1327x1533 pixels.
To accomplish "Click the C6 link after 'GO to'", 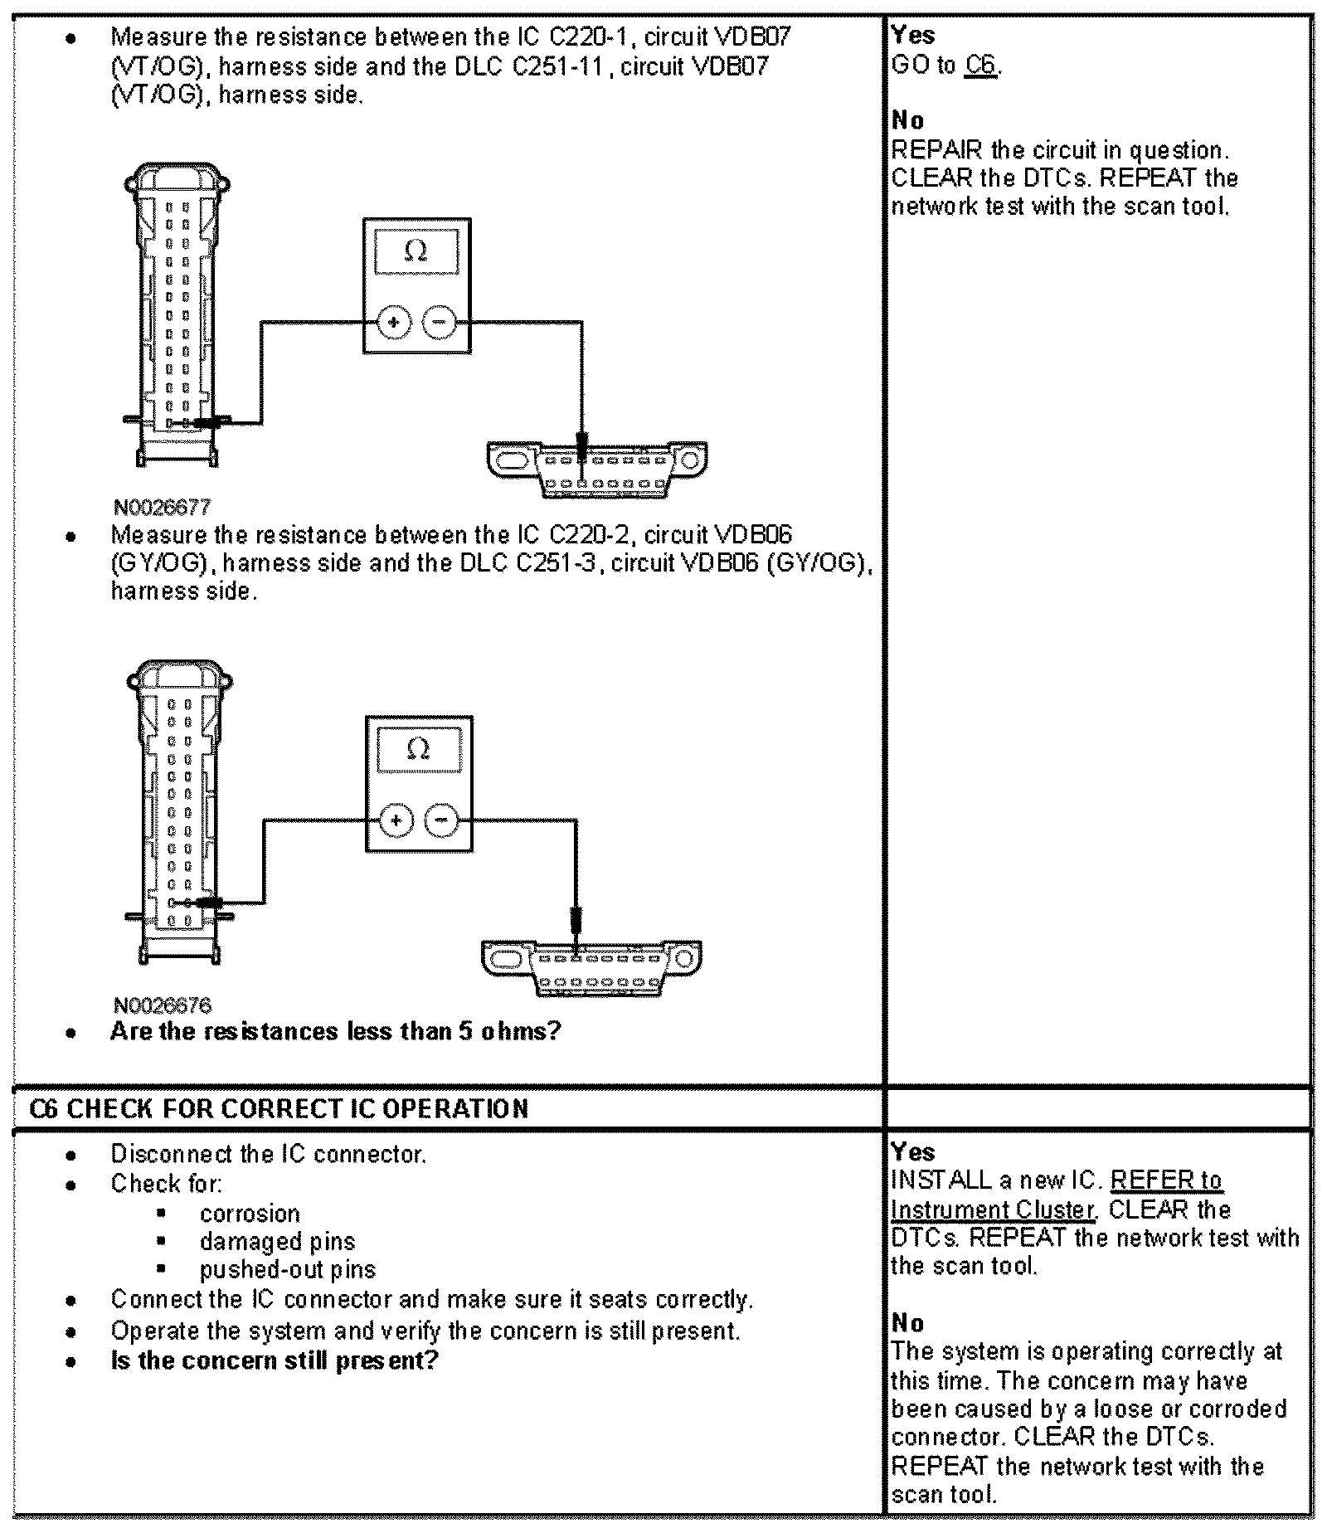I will [981, 65].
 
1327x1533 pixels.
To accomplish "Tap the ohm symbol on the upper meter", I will [416, 250].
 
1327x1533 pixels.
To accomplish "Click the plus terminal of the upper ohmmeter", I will [394, 323].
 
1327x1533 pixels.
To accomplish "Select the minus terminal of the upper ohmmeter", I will [440, 323].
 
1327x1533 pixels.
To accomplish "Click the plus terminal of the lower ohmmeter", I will [396, 820].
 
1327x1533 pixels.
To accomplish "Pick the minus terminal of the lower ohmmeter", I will [441, 820].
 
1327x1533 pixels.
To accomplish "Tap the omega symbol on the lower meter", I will [419, 749].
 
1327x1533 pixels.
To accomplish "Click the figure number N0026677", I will [163, 506].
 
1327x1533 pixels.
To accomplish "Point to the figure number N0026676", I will [163, 1005].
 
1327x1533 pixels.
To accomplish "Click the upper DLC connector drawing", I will [597, 469].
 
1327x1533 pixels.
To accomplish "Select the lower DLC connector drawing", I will [591, 967].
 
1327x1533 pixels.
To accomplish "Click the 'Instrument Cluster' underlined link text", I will [992, 1209].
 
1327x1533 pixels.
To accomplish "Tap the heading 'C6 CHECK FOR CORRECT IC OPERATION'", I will [279, 1109].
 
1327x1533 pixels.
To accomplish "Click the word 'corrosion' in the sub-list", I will [250, 1213].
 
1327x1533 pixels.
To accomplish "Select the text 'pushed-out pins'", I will [287, 1269].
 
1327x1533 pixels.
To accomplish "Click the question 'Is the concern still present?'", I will [274, 1361].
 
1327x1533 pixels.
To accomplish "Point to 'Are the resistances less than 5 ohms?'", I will [336, 1031].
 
